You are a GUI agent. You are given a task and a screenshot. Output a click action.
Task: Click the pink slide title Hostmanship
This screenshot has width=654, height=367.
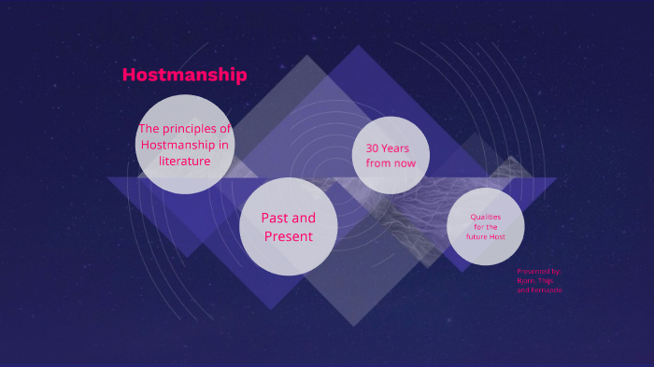184,75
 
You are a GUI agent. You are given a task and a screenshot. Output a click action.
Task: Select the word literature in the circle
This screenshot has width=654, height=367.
183,161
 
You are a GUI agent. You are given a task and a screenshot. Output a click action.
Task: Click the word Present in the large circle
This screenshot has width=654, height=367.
288,236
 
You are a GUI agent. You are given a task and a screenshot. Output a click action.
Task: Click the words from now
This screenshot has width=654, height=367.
391,163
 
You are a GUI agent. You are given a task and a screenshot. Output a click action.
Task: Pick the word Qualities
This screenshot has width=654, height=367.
485,217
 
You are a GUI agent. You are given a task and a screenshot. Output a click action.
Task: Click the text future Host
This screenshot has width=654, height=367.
485,236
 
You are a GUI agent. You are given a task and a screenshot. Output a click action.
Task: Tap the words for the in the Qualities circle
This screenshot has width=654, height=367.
485,227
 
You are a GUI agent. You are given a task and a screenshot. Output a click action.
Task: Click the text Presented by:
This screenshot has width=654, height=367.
538,271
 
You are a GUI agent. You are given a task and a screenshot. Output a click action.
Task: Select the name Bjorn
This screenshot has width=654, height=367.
527,280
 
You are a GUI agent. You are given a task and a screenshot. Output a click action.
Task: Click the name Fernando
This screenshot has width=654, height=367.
547,289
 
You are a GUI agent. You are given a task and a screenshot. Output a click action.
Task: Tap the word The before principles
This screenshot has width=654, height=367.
150,129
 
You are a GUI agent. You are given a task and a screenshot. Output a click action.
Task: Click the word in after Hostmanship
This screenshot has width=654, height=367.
222,145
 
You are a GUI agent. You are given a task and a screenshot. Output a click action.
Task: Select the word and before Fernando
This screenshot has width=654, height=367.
522,289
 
